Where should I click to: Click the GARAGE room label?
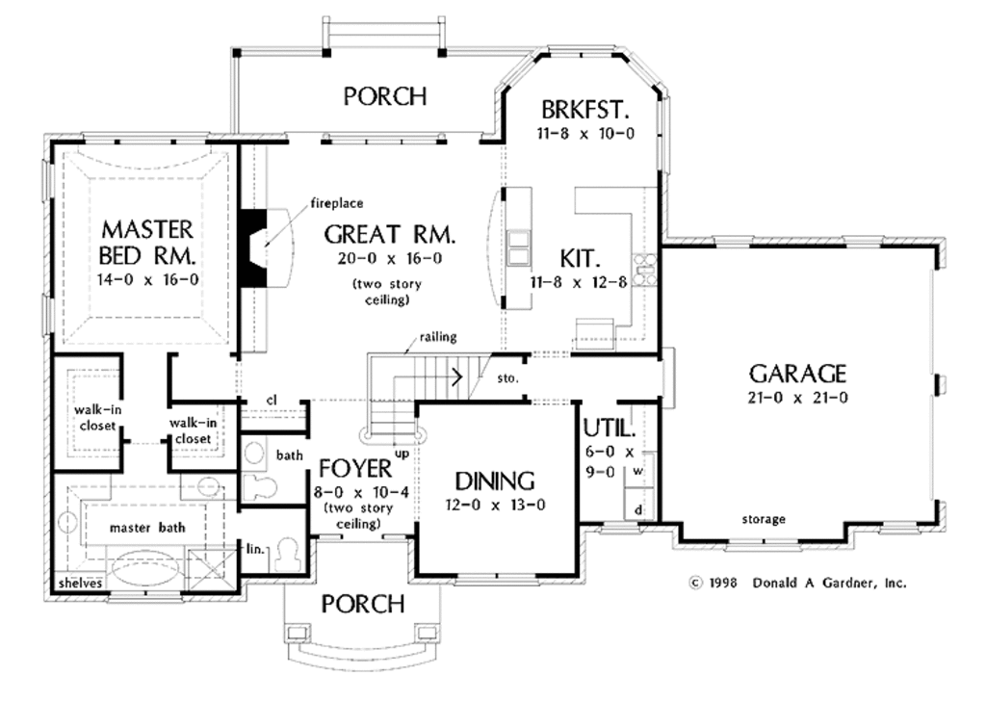tap(797, 374)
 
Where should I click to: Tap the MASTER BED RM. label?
tap(147, 242)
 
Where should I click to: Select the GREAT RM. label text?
tap(389, 235)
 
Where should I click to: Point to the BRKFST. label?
tap(584, 110)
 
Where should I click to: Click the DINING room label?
tap(495, 481)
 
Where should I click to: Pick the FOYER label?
tap(355, 469)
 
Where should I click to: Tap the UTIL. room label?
tap(610, 429)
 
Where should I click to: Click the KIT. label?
tap(580, 258)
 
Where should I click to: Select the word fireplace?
tap(337, 203)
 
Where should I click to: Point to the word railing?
tap(438, 337)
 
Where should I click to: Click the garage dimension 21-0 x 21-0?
tap(797, 398)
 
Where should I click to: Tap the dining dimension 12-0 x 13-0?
tap(495, 505)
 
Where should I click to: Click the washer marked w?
tap(638, 471)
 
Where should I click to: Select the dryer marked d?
tap(639, 510)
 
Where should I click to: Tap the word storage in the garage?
tap(764, 520)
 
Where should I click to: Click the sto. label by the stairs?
tap(507, 378)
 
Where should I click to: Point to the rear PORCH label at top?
tap(385, 96)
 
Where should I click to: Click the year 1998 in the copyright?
tap(722, 584)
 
